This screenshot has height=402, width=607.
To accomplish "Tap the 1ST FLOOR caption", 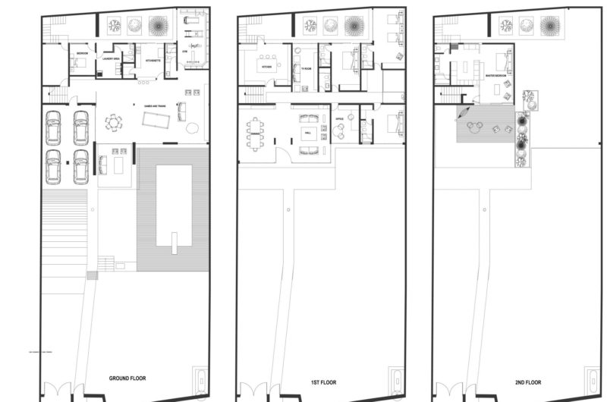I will (x=320, y=377).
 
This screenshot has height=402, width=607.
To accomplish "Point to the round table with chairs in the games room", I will (x=113, y=121).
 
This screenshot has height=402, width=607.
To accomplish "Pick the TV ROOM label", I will (x=307, y=68).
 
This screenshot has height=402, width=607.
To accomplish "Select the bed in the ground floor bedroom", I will (x=78, y=64).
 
